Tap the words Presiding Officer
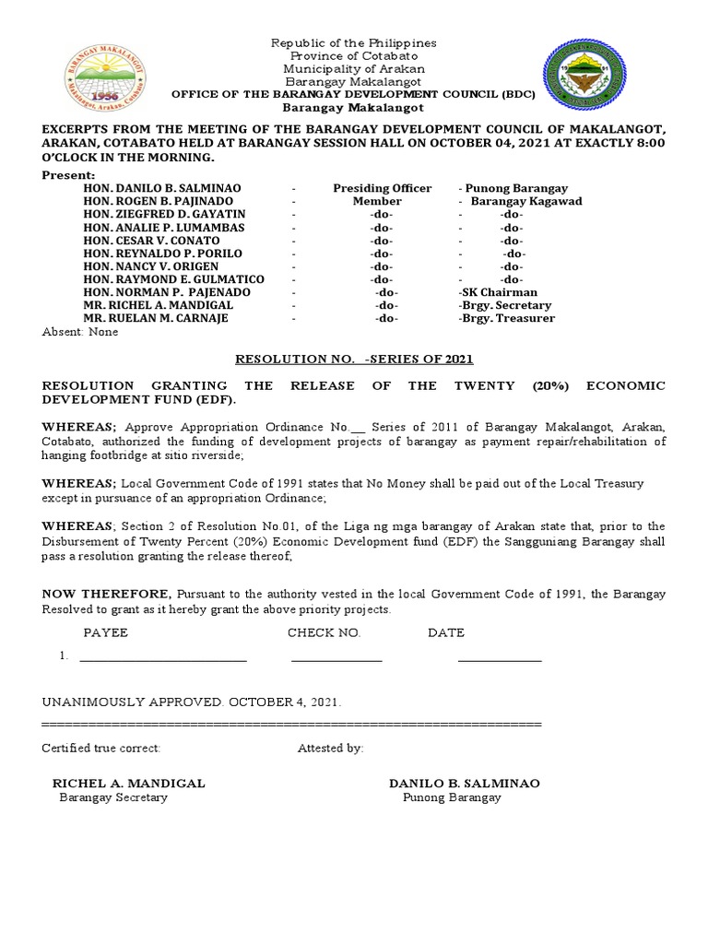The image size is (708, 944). pos(382,188)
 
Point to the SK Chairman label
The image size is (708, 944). pos(498,292)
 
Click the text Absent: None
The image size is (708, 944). pos(80,332)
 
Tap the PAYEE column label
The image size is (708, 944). pos(106,633)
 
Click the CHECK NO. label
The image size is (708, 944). pos(324,633)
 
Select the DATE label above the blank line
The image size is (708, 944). pos(446,633)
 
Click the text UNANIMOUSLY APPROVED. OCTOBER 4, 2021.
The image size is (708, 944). pos(192,702)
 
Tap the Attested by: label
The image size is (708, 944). pos(330,748)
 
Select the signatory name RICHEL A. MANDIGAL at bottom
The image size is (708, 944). pos(128,783)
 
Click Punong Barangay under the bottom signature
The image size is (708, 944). pos(452,797)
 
